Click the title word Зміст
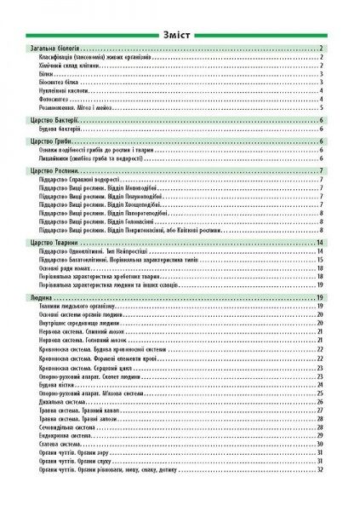(180, 33)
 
